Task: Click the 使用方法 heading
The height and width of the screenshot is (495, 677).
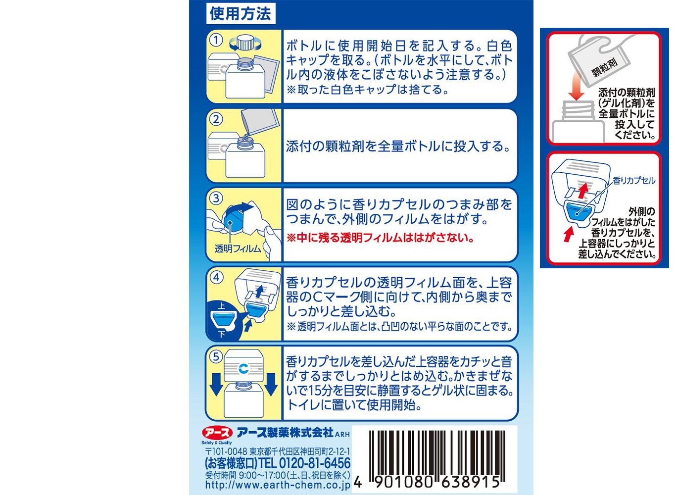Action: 241,13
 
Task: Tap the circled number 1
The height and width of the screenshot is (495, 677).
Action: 216,40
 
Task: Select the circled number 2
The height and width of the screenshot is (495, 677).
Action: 216,119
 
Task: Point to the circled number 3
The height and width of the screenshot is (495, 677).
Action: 216,198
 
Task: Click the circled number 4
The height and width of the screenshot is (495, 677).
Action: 216,277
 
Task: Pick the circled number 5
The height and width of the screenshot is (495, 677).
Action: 216,356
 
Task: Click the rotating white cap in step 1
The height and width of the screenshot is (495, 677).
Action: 245,43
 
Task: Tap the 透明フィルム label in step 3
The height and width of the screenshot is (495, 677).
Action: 238,249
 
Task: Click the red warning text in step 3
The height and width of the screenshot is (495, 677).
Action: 380,238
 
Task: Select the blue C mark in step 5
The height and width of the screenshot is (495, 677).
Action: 243,369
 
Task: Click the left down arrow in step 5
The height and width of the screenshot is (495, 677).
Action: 216,384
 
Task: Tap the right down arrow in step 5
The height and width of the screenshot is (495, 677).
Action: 271,384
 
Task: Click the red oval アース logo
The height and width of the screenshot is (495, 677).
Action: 217,433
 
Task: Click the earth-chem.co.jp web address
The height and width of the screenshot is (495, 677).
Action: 278,485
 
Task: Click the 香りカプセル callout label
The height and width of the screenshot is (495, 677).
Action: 634,181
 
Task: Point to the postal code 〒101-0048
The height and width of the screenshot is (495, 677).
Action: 226,452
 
